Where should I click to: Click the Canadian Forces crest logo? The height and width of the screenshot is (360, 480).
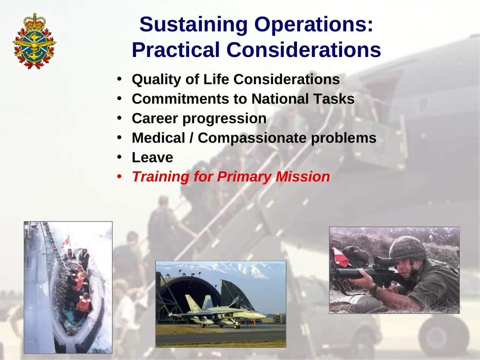coord(34,41)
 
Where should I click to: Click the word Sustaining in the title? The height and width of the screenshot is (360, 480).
coord(193,24)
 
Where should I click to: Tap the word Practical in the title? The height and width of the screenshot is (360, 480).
coord(176,50)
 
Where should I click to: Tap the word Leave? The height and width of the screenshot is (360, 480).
coord(152,157)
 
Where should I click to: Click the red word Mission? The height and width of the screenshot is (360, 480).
coord(303,177)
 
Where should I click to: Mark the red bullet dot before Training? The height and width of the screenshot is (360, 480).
coord(119,176)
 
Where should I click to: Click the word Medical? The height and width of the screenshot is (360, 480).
coord(159,138)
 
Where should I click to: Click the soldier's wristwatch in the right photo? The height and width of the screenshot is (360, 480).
coord(374,289)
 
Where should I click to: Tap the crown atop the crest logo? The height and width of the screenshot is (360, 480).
coord(35,22)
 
